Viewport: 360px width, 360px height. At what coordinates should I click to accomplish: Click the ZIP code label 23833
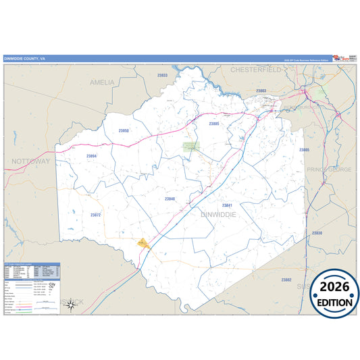coord(162,76)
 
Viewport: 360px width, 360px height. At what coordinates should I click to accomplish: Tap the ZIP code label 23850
coord(124,131)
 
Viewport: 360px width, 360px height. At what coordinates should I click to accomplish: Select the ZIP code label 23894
coord(92,156)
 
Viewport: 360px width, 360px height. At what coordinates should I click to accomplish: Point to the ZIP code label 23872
coord(95,215)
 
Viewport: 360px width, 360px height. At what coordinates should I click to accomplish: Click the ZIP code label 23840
coord(170,199)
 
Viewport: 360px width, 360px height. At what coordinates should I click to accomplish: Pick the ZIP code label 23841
coord(227,205)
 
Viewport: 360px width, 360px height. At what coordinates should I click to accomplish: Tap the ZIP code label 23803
coord(261,91)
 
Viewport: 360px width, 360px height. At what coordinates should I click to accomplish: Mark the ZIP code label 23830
coord(317,233)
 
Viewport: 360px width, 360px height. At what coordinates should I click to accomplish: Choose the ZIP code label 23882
coord(286,279)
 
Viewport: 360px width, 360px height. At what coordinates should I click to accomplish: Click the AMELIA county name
coord(103,82)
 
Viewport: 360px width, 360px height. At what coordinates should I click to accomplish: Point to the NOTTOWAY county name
coord(30,162)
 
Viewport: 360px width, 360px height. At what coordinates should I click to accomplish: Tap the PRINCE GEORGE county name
coord(329,170)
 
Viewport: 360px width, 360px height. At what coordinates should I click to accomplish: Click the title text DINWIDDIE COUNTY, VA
coord(25,59)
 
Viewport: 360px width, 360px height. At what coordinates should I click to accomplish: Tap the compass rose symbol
coord(70,306)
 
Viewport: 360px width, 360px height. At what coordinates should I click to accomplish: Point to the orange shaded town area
coord(143,241)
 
